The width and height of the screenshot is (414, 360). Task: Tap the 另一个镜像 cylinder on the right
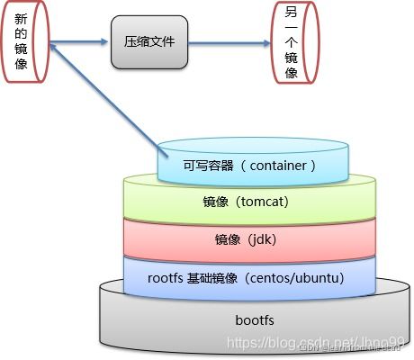(292, 42)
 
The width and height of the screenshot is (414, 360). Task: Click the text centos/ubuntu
(301, 278)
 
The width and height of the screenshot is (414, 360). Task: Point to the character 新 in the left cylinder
(22, 21)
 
